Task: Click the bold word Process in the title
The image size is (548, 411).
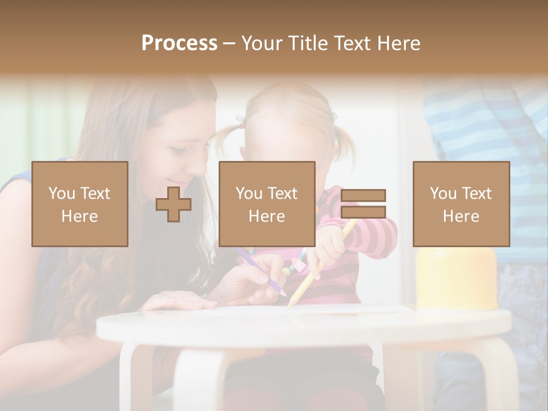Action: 179,43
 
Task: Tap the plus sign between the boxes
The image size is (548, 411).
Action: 174,204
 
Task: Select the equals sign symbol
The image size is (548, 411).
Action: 363,204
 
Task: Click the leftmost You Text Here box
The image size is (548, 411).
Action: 80,204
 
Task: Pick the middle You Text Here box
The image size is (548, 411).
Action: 267,204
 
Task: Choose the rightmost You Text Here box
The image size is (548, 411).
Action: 461,204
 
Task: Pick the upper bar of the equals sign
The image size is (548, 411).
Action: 363,195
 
